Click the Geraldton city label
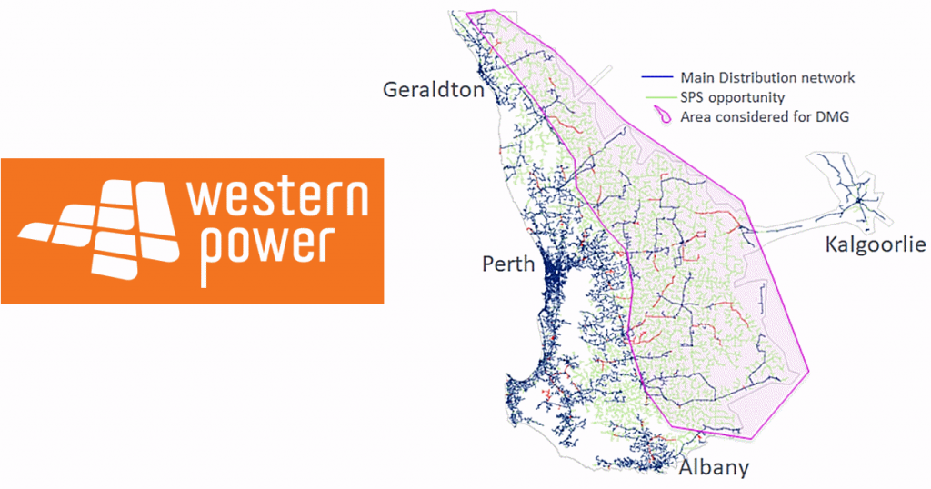point(434,90)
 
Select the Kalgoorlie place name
point(875,244)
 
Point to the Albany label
point(714,468)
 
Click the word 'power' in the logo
point(264,244)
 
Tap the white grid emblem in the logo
point(99,227)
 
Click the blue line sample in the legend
point(656,78)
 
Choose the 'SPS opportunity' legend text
point(733,97)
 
